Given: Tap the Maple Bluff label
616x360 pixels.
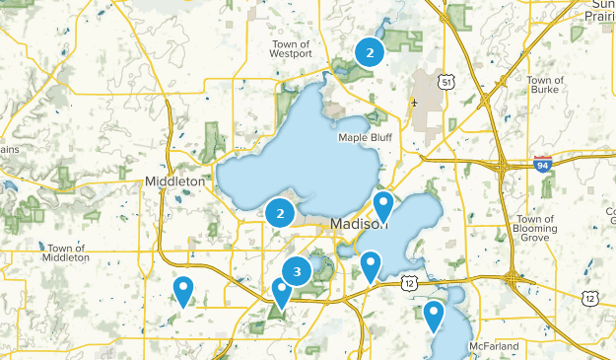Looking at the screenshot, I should [366, 137].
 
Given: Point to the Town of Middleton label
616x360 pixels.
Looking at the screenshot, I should [66, 252].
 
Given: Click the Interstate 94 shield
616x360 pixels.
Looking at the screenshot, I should [542, 164].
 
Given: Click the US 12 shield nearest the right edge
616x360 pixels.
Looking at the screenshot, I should [589, 297].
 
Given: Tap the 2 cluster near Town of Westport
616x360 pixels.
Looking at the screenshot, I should [369, 53].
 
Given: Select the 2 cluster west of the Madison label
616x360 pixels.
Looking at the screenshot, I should [281, 212].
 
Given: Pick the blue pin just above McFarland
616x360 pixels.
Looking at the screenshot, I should [434, 316].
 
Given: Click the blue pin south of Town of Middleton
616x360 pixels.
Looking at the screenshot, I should [182, 290].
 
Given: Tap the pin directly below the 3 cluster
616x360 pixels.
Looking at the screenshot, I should [281, 293].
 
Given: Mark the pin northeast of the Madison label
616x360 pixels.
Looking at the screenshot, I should [382, 206].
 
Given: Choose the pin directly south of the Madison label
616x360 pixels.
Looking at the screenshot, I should [370, 265].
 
